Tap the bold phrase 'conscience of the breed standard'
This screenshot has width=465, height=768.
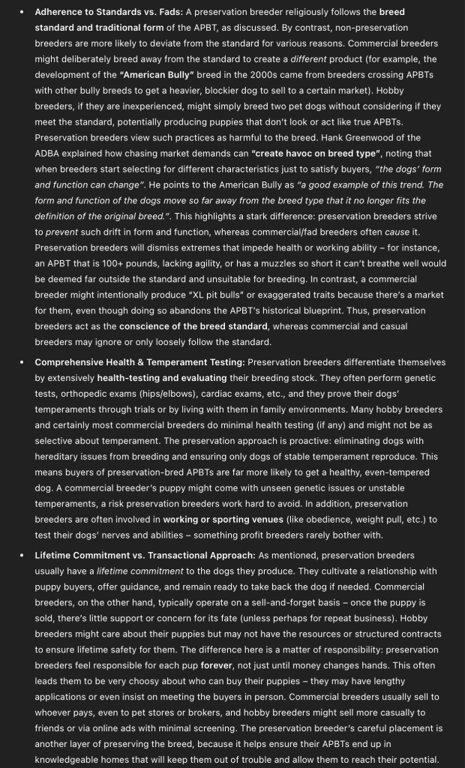point(193,326)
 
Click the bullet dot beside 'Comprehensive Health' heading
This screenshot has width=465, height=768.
point(22,362)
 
